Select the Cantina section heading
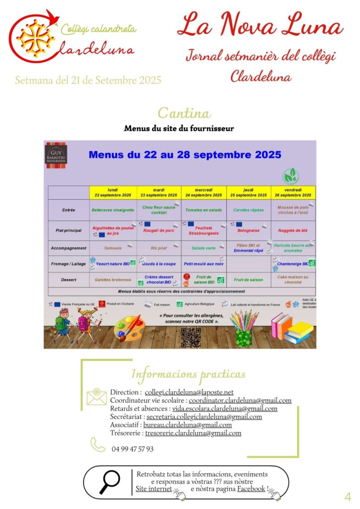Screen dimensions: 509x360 point(184,113)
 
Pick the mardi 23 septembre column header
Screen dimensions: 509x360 point(159,192)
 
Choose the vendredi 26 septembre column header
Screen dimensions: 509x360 point(293,192)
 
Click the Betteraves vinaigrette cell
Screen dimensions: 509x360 point(112,210)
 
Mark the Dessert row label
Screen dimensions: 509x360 point(69,280)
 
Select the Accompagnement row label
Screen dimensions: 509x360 point(69,248)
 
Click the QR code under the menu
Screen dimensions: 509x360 point(190,337)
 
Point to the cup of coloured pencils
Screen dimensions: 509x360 point(245,328)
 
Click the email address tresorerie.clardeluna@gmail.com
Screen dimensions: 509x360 point(193,433)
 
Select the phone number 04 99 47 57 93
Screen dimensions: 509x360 point(132,449)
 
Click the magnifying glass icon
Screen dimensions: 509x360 point(109,482)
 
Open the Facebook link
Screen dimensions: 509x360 point(251,489)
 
